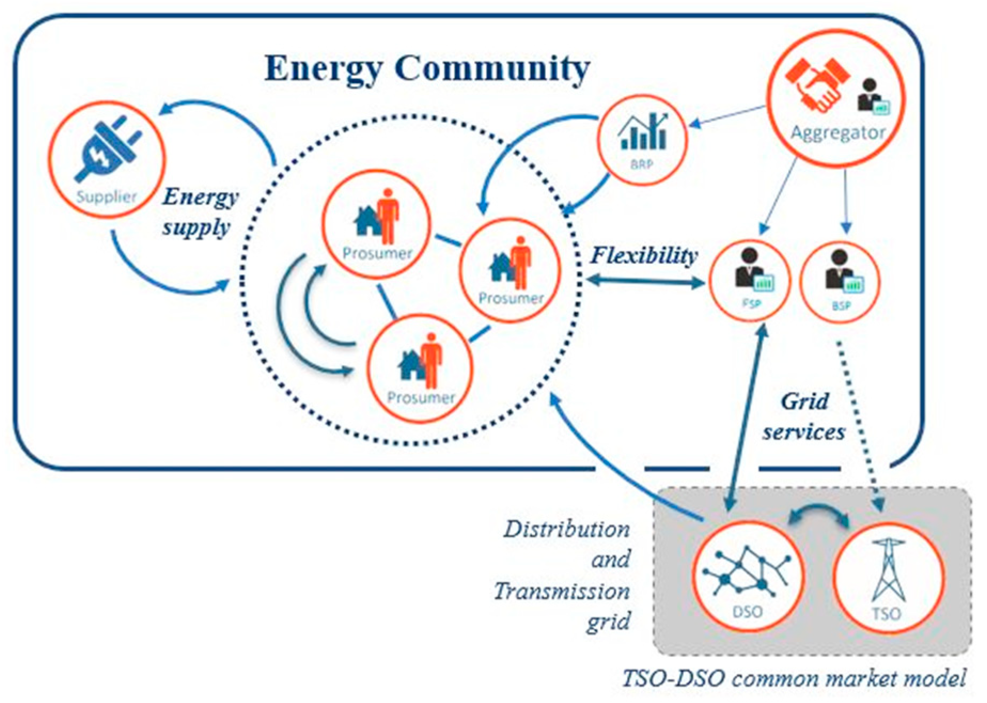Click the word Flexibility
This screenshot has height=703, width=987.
pyautogui.click(x=644, y=255)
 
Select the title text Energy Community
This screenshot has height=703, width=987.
pyautogui.click(x=427, y=68)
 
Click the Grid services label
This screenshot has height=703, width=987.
pyautogui.click(x=804, y=416)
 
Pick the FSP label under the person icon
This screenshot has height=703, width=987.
pyautogui.click(x=750, y=304)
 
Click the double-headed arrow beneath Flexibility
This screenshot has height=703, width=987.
pyautogui.click(x=644, y=281)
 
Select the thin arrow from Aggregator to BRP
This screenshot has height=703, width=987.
pyautogui.click(x=729, y=116)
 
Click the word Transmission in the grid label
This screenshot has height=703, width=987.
pyautogui.click(x=561, y=591)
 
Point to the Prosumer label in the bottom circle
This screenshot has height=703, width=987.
pyautogui.click(x=420, y=398)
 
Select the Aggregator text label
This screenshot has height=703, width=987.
pyautogui.click(x=837, y=132)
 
